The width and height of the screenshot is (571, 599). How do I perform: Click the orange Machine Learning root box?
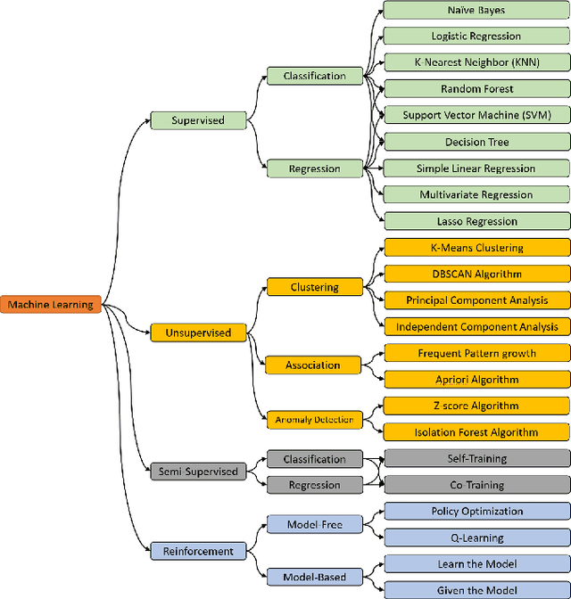51,305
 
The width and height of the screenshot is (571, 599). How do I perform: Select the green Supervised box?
198,119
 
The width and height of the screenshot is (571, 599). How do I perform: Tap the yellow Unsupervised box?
198,332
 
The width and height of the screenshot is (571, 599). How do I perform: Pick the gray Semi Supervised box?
198,471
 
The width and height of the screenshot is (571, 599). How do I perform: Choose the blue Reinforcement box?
198,551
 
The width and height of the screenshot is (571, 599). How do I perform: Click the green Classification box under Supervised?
314,76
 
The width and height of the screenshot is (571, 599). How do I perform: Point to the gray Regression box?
314,485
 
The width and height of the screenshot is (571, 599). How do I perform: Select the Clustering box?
314,287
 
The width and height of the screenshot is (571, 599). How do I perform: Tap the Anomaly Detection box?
314,419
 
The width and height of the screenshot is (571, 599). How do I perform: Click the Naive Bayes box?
476,10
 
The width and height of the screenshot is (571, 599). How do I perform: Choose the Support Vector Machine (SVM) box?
476,115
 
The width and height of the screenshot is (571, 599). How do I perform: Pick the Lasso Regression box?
476,221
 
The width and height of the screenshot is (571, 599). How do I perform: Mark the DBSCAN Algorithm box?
476,274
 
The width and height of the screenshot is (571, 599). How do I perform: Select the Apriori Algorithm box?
476,379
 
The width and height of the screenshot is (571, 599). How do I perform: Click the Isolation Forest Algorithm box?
476,432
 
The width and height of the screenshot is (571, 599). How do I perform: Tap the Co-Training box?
476,485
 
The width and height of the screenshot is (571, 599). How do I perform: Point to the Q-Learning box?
476,537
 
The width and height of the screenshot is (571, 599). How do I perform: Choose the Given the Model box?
476,590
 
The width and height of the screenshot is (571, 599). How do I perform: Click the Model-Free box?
314,525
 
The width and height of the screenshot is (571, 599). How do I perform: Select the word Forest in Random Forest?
494,89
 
